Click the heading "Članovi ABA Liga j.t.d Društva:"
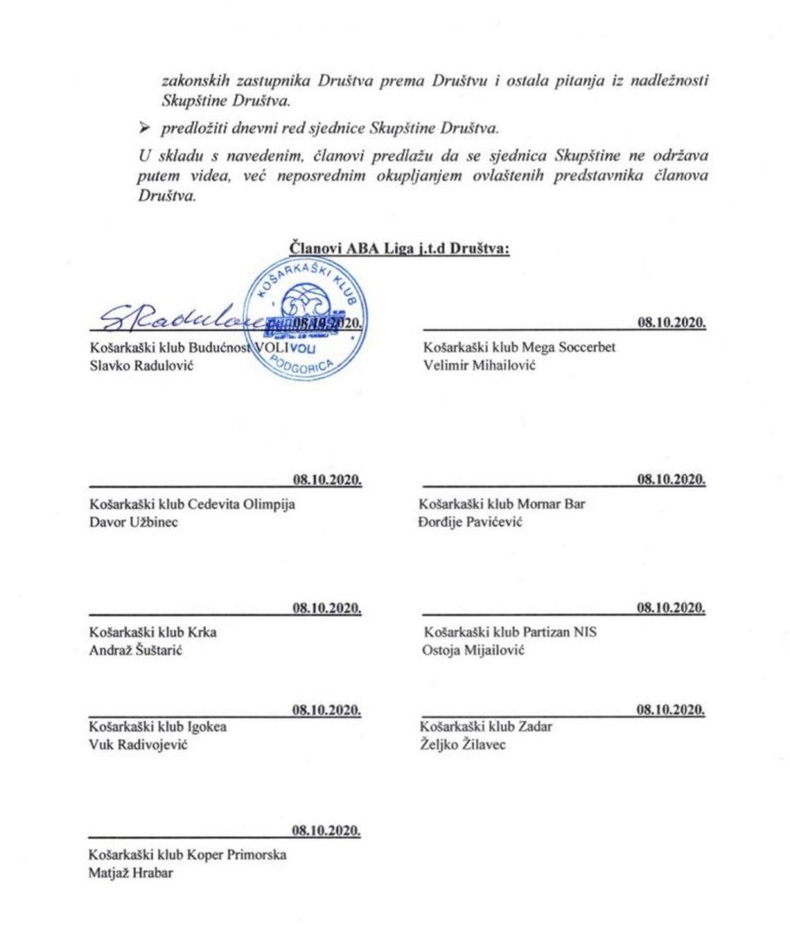pos(401,247)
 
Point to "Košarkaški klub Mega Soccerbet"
pos(519,347)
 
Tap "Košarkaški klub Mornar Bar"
pos(504,504)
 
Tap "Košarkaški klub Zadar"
pos(486,727)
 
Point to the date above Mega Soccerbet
pos(671,322)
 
